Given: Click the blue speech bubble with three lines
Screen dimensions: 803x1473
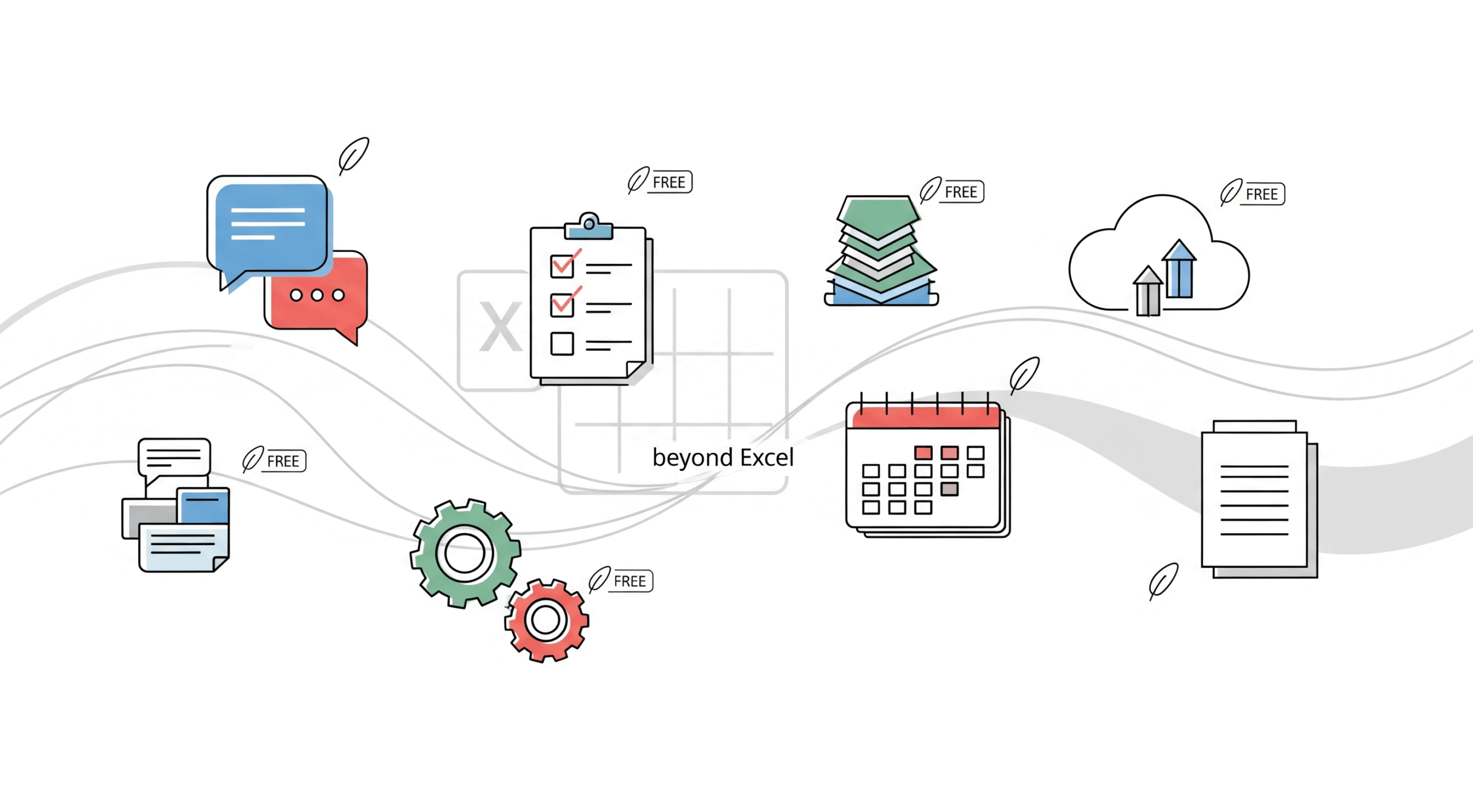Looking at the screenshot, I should [268, 224].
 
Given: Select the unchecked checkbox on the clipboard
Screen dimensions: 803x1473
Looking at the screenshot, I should [562, 343].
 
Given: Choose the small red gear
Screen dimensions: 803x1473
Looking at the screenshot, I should [546, 620].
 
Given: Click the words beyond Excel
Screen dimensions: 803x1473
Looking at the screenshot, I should [723, 458].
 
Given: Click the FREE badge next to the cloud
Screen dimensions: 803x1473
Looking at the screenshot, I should [1261, 194].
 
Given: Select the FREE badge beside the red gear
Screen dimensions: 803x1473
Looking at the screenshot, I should [629, 581].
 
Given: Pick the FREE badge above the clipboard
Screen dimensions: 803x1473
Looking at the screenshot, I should [669, 182].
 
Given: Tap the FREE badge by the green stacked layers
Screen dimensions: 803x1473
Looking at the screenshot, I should [960, 192].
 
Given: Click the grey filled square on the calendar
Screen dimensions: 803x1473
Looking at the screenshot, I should [949, 489].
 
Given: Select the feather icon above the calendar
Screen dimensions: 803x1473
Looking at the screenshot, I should [1025, 373].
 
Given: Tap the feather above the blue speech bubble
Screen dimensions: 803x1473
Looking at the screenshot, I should [353, 155].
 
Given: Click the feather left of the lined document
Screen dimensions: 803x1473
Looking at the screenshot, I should [1163, 580].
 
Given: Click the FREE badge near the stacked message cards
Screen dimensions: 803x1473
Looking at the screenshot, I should [283, 461].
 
